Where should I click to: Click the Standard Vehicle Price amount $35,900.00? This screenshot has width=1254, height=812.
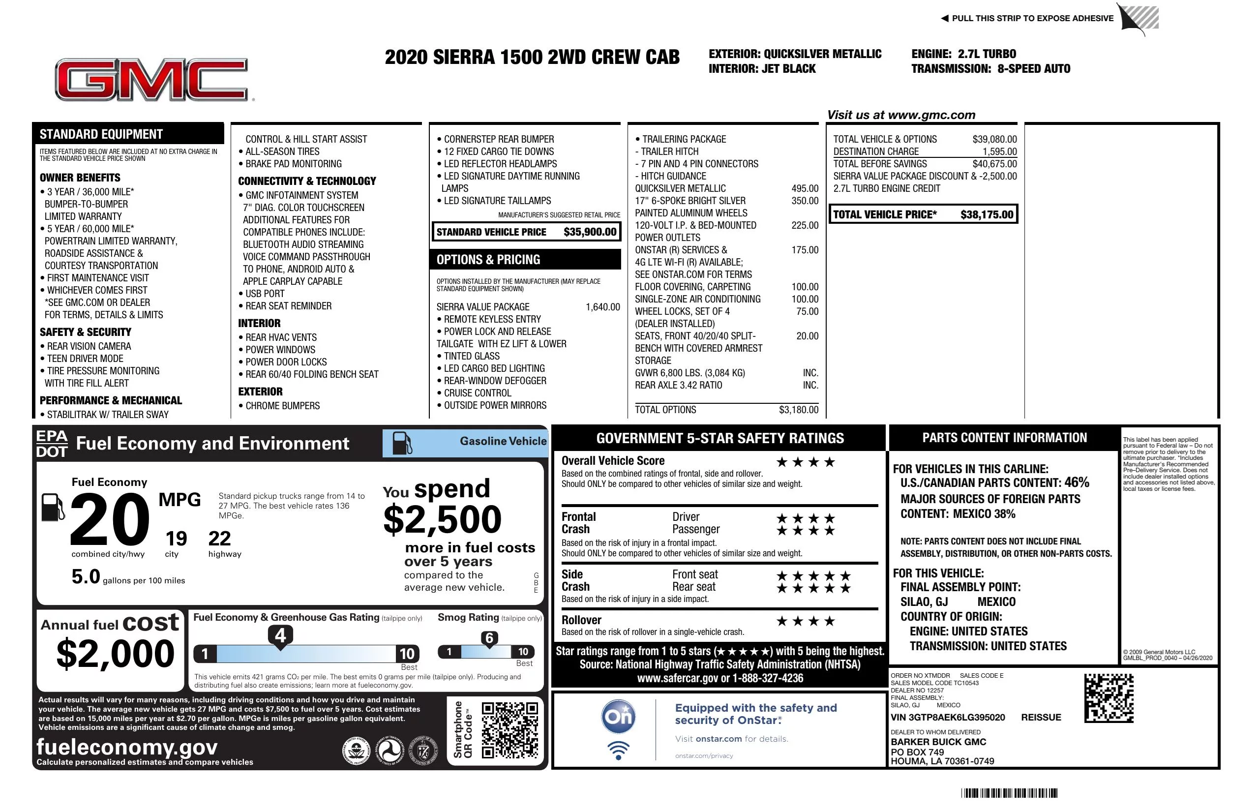[x=590, y=232]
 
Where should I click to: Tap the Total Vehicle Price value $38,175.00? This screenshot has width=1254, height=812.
[x=986, y=214]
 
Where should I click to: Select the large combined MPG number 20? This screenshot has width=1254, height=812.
[x=110, y=519]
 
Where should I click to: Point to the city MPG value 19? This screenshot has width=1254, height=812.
[x=176, y=539]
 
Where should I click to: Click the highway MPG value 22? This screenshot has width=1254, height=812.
[x=219, y=539]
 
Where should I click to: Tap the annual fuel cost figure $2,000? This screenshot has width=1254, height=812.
[x=115, y=654]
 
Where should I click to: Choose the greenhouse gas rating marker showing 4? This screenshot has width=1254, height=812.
[x=280, y=635]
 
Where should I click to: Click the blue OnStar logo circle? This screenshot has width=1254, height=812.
[x=618, y=717]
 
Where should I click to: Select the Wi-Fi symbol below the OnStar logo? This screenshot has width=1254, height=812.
[x=618, y=750]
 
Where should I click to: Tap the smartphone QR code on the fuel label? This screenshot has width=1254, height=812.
[x=509, y=730]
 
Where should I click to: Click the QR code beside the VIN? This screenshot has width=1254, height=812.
[x=1108, y=698]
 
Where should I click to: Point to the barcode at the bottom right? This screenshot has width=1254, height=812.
[x=1009, y=793]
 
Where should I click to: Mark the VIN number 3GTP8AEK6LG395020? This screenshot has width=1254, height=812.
[x=947, y=717]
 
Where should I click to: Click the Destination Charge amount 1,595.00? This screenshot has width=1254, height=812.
[x=999, y=151]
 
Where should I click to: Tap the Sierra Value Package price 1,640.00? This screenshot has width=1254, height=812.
[x=602, y=307]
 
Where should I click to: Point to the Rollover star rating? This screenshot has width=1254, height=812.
[x=805, y=621]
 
